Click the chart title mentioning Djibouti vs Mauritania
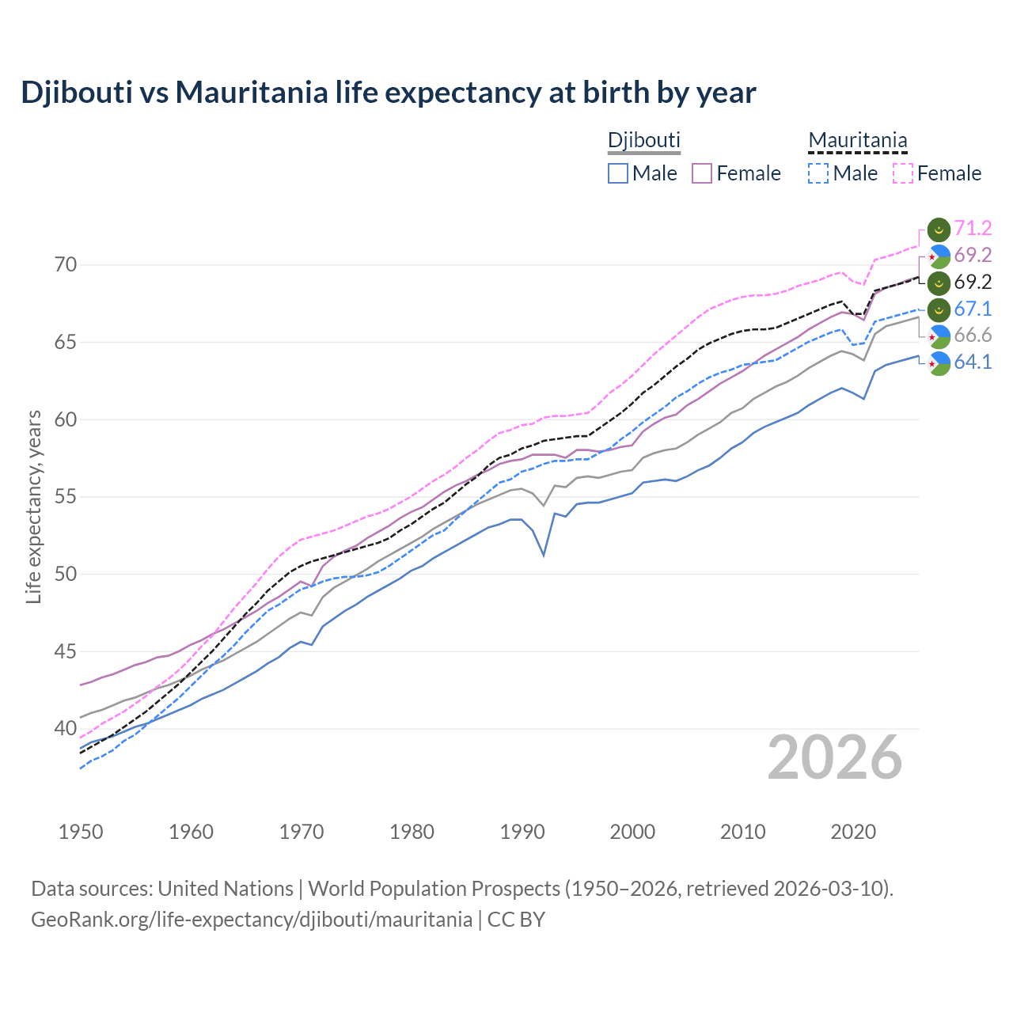click(x=389, y=93)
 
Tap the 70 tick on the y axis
click(x=66, y=264)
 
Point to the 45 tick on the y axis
click(x=66, y=651)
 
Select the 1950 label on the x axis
click(x=81, y=832)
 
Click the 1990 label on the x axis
click(x=522, y=832)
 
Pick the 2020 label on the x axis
click(x=853, y=832)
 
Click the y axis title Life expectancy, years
click(x=33, y=506)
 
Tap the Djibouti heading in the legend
click(x=643, y=140)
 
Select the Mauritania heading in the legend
click(x=857, y=140)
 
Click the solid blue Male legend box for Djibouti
click(x=618, y=173)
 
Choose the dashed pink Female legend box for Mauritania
click(x=903, y=173)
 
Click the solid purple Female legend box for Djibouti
click(x=702, y=173)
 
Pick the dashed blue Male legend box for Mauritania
click(x=818, y=173)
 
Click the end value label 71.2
click(x=973, y=229)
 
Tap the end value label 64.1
click(x=973, y=362)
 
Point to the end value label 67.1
click(x=973, y=309)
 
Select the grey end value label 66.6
click(x=973, y=336)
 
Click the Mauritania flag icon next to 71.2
click(x=939, y=230)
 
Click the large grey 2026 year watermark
click(x=835, y=757)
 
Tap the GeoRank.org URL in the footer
click(x=252, y=920)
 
